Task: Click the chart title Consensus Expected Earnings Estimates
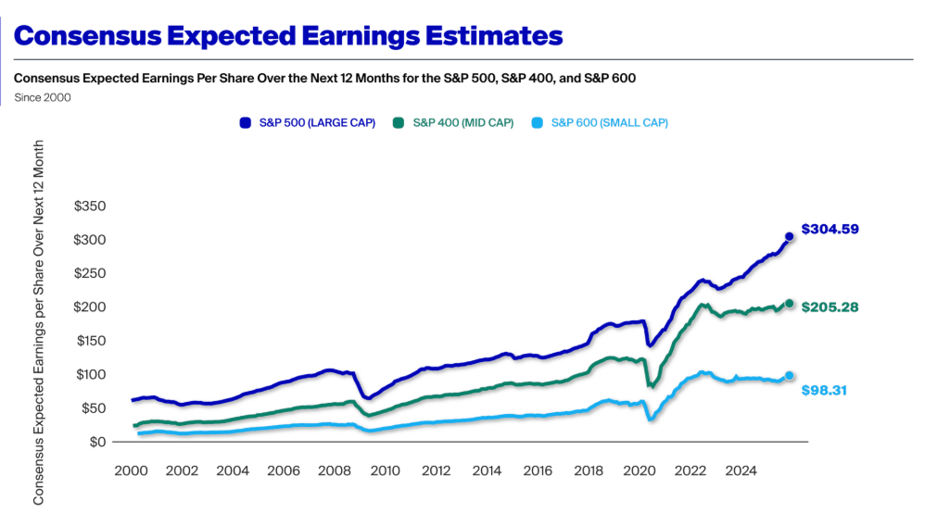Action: click(289, 36)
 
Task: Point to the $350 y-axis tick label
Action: click(90, 206)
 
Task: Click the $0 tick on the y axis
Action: click(97, 442)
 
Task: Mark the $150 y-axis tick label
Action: click(90, 341)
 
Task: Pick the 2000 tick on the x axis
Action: click(132, 470)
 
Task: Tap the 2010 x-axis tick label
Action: click(386, 470)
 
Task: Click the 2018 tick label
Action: click(588, 470)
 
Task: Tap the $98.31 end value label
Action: click(824, 390)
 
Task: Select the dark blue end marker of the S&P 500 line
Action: click(789, 237)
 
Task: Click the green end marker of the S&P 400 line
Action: click(790, 304)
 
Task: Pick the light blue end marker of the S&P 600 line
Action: click(789, 376)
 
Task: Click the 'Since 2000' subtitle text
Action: click(43, 96)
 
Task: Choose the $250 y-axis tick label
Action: click(90, 273)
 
